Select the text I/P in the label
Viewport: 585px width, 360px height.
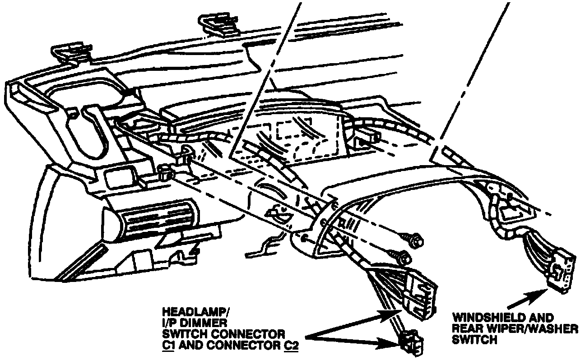[x=172, y=323]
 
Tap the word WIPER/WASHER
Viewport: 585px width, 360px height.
[x=529, y=329]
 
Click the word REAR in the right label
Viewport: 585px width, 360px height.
[x=467, y=329]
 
